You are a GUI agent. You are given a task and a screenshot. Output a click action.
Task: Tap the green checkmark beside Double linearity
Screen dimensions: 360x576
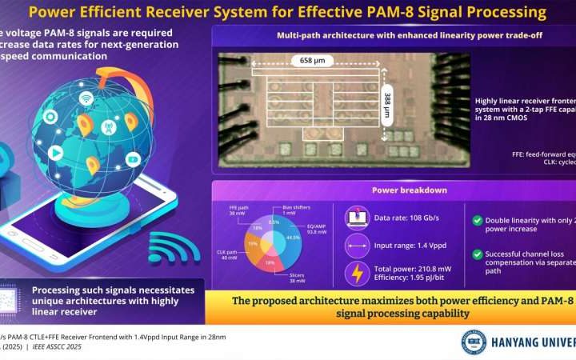coord(476,221)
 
